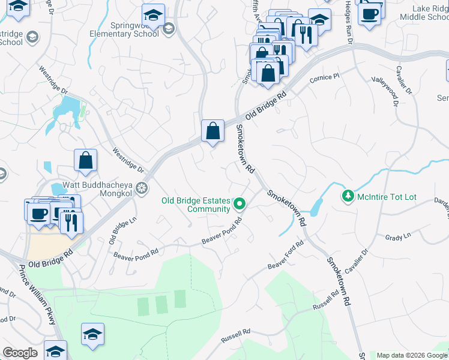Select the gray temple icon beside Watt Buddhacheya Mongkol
(142, 189)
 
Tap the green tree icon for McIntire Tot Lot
(347, 196)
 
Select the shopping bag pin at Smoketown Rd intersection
(212, 130)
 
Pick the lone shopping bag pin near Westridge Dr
(86, 160)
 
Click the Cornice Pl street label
(325, 79)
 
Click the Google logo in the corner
(20, 353)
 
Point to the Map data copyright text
(411, 355)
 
